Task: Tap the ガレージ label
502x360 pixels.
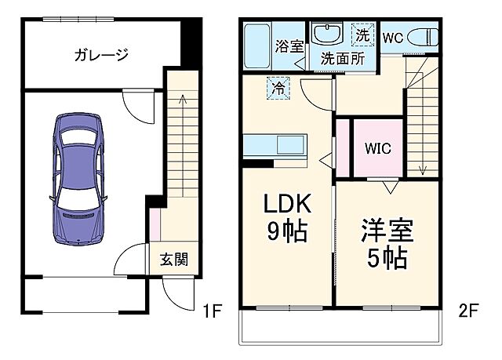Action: pos(101,55)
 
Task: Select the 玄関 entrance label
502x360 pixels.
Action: pos(174,260)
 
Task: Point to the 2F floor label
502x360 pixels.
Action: pos(468,311)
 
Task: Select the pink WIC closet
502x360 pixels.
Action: pos(377,147)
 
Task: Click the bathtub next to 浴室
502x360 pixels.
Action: pos(257,47)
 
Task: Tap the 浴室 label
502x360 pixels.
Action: pos(289,46)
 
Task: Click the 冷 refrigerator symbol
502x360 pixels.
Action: pos(278,87)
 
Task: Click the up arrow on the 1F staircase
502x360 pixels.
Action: pos(182,100)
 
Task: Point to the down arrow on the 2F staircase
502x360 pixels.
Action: pos(424,167)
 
